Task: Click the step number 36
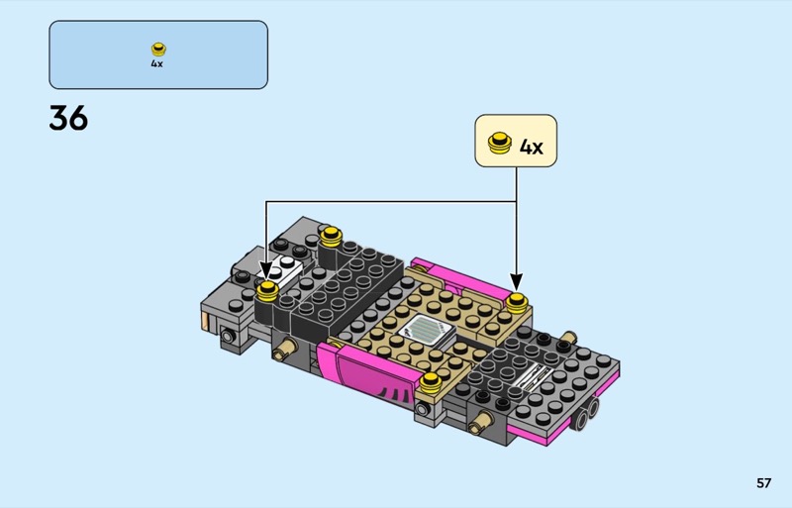click(68, 118)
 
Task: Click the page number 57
click(763, 483)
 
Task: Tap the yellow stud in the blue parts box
click(158, 50)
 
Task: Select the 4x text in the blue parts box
click(156, 63)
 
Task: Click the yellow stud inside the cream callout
click(500, 142)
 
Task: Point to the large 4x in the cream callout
click(532, 148)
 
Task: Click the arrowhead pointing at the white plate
click(265, 272)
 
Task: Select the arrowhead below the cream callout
click(516, 283)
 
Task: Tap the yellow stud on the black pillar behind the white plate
click(331, 236)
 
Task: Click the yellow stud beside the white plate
click(267, 292)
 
